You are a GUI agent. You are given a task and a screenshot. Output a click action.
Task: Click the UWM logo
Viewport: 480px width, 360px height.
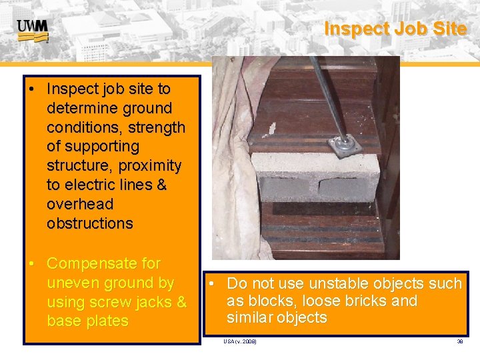coord(32,30)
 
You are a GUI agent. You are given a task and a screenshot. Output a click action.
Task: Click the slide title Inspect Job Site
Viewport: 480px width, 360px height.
coord(395,29)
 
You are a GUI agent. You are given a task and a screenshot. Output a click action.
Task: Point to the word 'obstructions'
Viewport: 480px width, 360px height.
coord(90,223)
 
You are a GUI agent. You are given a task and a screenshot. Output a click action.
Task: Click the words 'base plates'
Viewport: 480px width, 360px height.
coord(87,321)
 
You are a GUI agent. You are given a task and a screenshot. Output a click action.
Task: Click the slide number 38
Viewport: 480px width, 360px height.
coord(459,341)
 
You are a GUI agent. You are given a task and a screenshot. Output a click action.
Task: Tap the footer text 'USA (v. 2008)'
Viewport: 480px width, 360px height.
coord(240,341)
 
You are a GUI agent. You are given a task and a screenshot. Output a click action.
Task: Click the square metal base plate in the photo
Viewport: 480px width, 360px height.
coord(344,145)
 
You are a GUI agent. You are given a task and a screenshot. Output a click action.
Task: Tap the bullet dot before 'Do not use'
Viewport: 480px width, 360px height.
coord(211,284)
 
